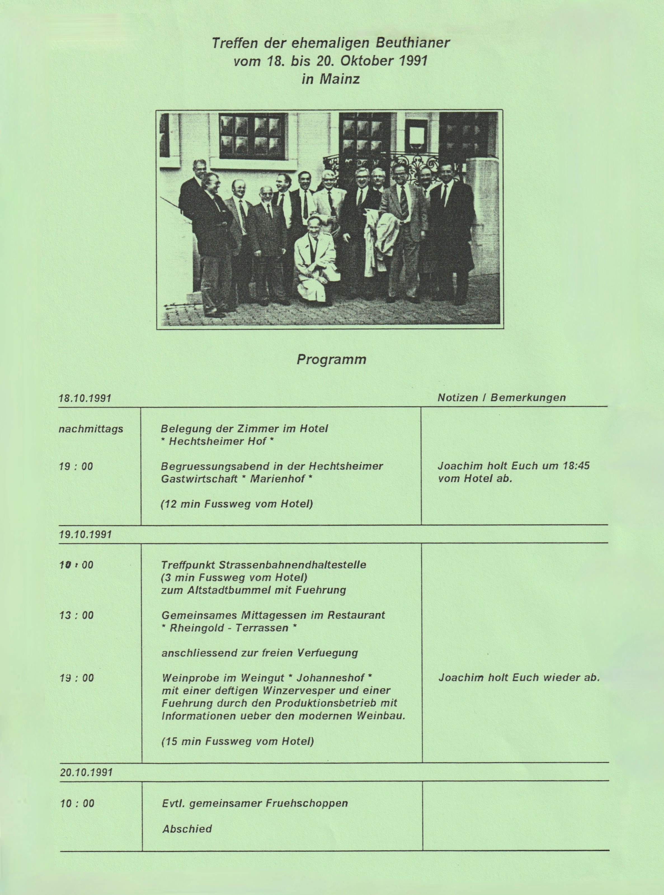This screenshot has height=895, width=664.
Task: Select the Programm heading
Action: [332, 359]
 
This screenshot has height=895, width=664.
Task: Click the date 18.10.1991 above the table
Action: [85, 399]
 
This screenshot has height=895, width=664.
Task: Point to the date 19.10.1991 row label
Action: [85, 535]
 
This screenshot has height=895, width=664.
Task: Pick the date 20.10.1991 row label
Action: [86, 772]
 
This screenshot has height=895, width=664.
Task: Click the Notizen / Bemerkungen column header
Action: [501, 398]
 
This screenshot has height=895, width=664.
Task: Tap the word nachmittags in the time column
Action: [91, 429]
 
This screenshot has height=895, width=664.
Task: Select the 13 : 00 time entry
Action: [76, 615]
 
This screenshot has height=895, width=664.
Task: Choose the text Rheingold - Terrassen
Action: [229, 628]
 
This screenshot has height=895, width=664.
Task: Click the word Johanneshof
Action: [330, 678]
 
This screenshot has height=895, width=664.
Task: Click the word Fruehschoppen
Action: [307, 803]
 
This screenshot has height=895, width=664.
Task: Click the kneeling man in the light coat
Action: [315, 261]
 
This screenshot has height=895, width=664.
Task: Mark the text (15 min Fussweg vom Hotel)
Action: [237, 741]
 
